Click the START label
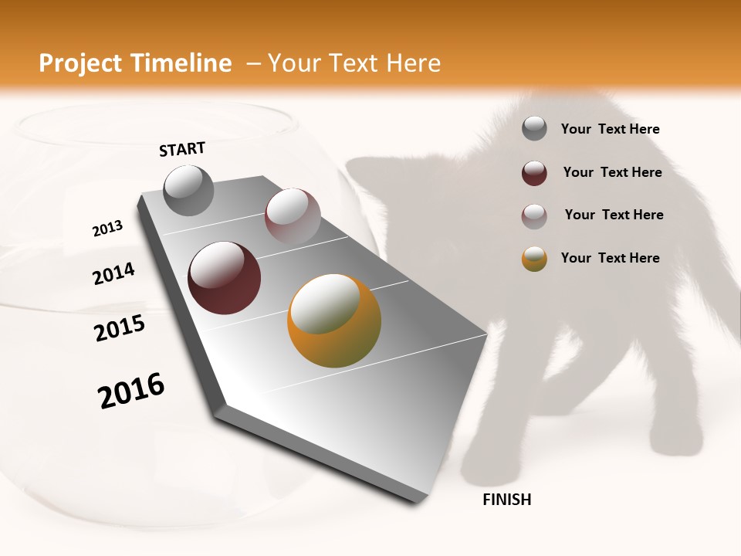click(182, 149)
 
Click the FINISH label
click(506, 500)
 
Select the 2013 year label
click(107, 229)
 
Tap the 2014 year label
click(113, 273)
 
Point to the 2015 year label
click(119, 328)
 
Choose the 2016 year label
click(131, 391)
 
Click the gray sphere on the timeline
click(188, 190)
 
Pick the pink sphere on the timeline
click(293, 216)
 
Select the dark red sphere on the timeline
click(224, 278)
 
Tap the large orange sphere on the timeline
click(334, 320)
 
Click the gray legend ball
click(534, 129)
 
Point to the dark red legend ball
click(534, 173)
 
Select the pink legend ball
click(534, 215)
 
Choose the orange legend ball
click(534, 259)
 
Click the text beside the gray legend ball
click(610, 130)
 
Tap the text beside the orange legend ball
click(610, 258)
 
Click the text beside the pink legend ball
click(614, 215)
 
